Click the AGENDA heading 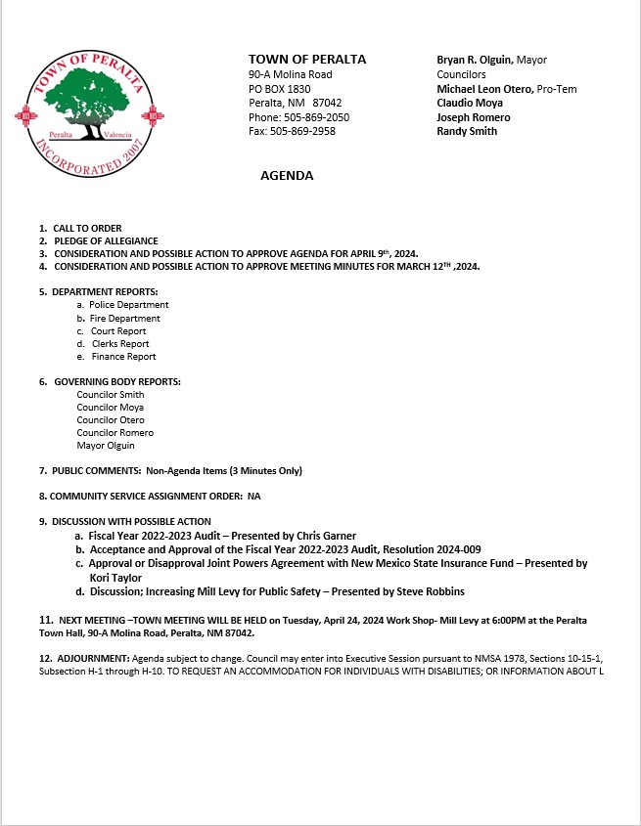287,176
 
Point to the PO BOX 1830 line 280,89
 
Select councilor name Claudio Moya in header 469,103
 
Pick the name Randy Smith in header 467,131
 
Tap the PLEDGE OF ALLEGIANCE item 106,241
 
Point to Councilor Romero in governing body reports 114,433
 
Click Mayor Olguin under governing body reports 106,446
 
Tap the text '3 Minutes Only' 264,471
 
